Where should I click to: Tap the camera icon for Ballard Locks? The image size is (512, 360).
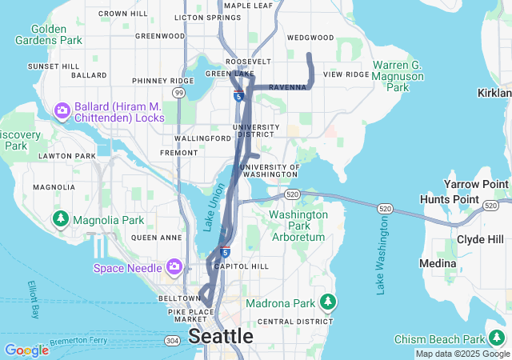pyautogui.click(x=62, y=109)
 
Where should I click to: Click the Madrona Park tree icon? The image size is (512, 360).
pyautogui.click(x=326, y=302)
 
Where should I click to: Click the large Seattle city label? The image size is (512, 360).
pyautogui.click(x=221, y=337)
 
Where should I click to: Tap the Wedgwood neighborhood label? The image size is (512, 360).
pyautogui.click(x=310, y=38)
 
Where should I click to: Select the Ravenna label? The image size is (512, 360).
pyautogui.click(x=287, y=86)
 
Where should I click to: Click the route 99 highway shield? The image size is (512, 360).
pyautogui.click(x=179, y=94)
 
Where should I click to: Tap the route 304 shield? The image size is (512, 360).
pyautogui.click(x=171, y=340)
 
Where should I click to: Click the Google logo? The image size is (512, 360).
pyautogui.click(x=26, y=350)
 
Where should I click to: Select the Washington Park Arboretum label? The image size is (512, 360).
pyautogui.click(x=298, y=226)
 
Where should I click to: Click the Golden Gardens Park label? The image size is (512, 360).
pyautogui.click(x=50, y=34)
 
